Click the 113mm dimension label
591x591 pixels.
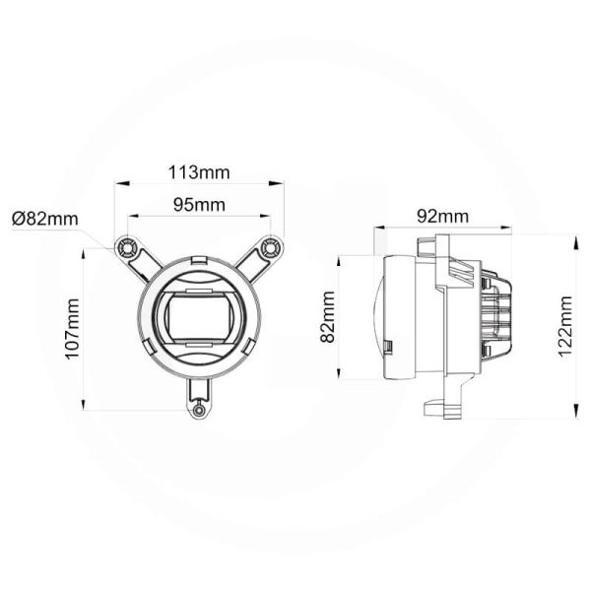[198, 172]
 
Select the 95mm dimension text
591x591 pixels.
[198, 205]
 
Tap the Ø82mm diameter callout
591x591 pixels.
[45, 219]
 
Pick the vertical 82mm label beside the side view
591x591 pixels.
[328, 318]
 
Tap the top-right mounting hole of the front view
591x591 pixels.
[273, 244]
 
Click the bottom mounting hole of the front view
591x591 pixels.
[200, 407]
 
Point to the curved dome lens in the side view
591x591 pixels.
[378, 317]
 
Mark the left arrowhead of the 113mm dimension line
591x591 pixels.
[118, 182]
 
